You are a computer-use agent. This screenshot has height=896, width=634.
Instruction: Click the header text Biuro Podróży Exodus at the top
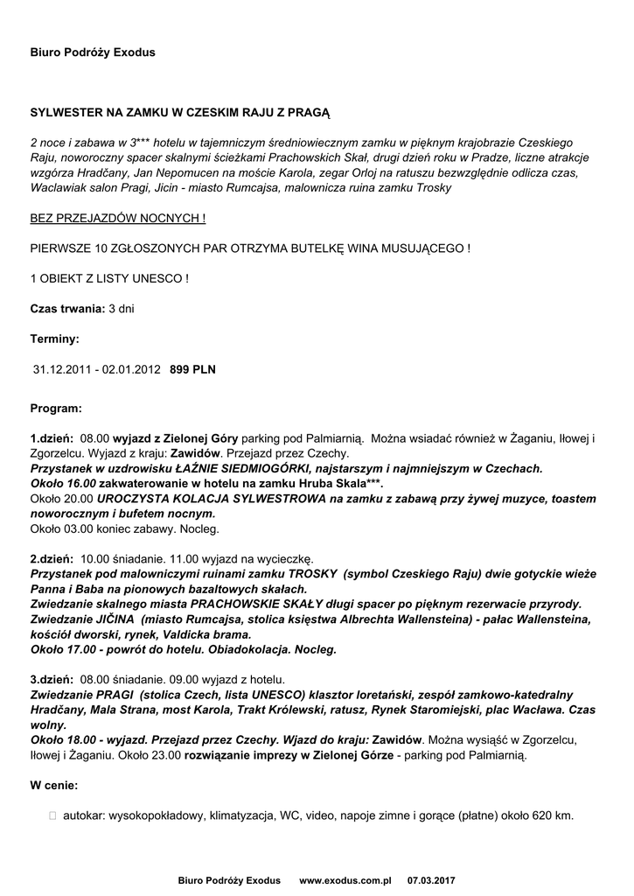[93, 52]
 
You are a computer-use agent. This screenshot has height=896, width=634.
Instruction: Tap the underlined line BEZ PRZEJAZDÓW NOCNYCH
[118, 218]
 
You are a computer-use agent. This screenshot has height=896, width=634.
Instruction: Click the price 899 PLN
[192, 369]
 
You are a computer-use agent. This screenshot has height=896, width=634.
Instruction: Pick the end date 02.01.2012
[131, 369]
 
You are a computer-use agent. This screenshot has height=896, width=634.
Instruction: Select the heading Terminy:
[55, 338]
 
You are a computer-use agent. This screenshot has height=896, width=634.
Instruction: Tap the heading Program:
[56, 408]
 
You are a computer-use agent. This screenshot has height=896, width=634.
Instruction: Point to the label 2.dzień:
[52, 557]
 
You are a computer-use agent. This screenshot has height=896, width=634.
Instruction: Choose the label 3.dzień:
[52, 678]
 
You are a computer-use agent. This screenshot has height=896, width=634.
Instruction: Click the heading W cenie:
[54, 785]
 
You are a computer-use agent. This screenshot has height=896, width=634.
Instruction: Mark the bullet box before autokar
[54, 815]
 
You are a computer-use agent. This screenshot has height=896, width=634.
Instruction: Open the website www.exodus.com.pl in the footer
[345, 879]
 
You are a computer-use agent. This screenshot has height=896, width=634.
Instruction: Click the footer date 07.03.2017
[431, 879]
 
